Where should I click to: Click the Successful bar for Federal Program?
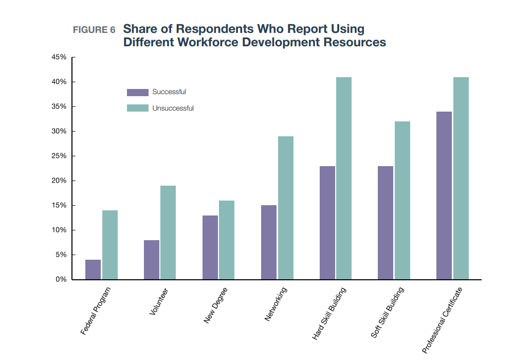[93, 269]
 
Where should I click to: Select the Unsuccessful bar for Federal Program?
[109, 245]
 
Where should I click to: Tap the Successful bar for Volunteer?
[152, 260]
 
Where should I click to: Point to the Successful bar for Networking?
[268, 242]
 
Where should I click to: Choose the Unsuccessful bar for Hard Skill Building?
[343, 178]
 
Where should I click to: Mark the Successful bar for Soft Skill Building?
[386, 223]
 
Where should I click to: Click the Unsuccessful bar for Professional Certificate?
[461, 178]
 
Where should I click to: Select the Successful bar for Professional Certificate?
[444, 195]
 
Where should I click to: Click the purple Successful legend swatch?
[137, 93]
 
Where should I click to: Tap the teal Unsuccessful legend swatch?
[137, 109]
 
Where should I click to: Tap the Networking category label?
[276, 305]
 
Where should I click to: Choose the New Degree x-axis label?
[215, 306]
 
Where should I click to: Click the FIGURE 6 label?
[94, 30]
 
